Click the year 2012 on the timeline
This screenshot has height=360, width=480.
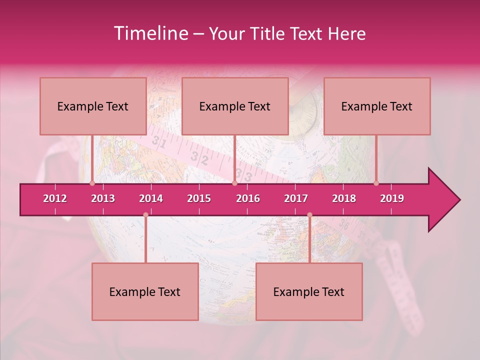pos(55,198)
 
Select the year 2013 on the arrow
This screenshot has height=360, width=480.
pos(103,198)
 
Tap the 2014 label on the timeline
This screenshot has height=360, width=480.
pos(151,198)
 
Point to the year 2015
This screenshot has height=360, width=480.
pos(199,198)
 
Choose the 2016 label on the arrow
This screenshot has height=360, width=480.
pos(248,198)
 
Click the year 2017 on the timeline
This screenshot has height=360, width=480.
pos(296,198)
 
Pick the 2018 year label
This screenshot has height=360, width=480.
pos(344,198)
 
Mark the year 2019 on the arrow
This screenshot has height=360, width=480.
pos(392,198)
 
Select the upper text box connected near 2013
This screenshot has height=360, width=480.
pos(93,106)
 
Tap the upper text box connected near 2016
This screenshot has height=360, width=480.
pos(235,106)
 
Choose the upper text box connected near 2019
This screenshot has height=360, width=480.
pos(377,106)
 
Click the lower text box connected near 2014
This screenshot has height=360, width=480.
pos(145,291)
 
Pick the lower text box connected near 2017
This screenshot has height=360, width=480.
pos(309,291)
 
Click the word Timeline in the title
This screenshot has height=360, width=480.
pos(150,33)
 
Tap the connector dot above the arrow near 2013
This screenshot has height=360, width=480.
pos(92,183)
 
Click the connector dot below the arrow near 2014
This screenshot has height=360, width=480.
pos(145,215)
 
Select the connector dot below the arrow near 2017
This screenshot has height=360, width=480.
pos(309,215)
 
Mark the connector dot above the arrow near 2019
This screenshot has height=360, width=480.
pos(376,183)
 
